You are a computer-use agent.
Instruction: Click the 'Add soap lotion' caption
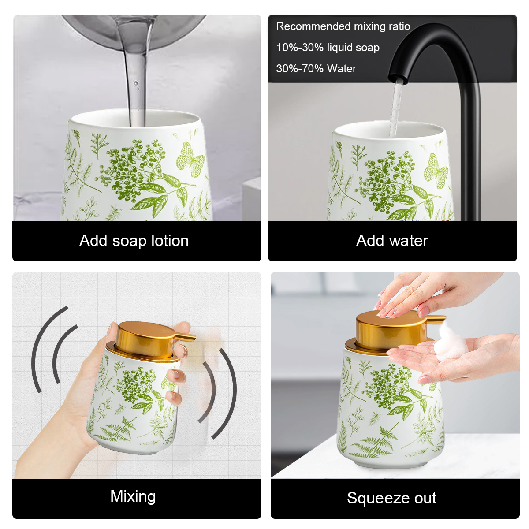[x=134, y=241]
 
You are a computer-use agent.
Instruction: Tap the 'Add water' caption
[x=392, y=241]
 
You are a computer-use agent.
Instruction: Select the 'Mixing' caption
[x=133, y=496]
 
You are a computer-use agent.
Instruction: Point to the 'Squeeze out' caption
[x=391, y=498]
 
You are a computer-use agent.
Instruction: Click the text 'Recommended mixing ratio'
[x=343, y=26]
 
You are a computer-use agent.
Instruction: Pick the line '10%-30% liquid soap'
[x=328, y=48]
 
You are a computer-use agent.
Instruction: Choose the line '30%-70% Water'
[x=316, y=68]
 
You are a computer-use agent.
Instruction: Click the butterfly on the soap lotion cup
[x=190, y=160]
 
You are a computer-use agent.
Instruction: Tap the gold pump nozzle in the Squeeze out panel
[x=436, y=319]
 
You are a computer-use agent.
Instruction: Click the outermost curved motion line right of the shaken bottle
[x=227, y=394]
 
